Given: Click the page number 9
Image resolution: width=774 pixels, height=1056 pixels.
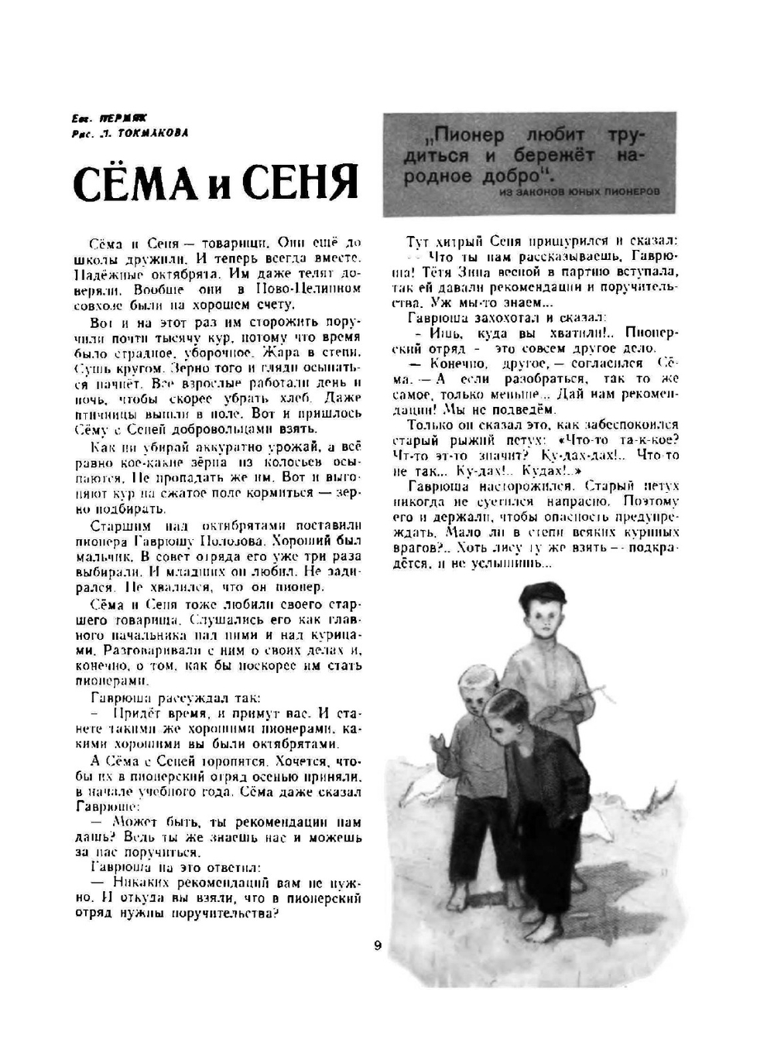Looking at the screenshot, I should [377, 945].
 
